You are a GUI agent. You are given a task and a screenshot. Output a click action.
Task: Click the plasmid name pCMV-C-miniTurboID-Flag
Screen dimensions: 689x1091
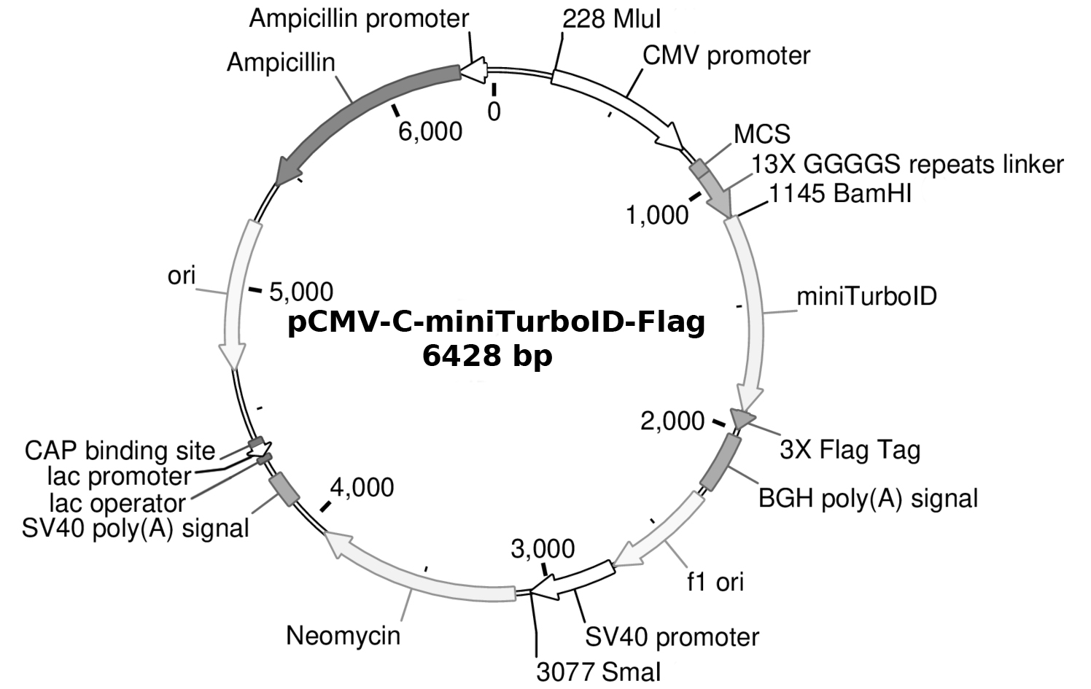click(x=496, y=322)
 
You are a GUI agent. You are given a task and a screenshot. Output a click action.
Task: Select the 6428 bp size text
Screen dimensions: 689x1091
click(x=487, y=357)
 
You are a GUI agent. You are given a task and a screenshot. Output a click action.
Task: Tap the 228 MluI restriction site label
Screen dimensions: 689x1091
click(x=611, y=20)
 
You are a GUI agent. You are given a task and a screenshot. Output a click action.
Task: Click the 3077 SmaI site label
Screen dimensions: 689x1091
click(x=598, y=672)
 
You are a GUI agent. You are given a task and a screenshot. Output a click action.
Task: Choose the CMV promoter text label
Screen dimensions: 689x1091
click(x=726, y=55)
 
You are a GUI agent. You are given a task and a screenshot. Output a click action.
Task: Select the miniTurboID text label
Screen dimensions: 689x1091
click(x=866, y=297)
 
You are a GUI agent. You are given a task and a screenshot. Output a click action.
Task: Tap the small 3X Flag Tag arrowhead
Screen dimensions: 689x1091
click(x=742, y=419)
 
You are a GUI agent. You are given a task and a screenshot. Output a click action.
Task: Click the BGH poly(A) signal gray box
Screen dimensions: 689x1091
click(x=721, y=462)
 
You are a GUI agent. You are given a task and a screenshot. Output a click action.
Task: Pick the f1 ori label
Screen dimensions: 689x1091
click(x=715, y=581)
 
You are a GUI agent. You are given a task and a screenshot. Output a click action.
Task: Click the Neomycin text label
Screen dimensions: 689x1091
click(x=343, y=635)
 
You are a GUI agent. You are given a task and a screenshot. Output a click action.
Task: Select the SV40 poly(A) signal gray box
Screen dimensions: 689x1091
click(x=284, y=489)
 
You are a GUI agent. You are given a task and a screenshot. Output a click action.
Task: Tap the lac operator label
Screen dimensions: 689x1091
click(x=117, y=503)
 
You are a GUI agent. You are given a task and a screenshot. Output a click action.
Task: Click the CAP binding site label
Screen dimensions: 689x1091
click(x=120, y=451)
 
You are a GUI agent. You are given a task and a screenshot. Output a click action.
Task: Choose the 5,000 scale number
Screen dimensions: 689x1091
click(x=300, y=292)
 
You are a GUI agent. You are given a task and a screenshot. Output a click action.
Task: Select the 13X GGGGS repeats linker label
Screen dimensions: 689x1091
click(x=907, y=165)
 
